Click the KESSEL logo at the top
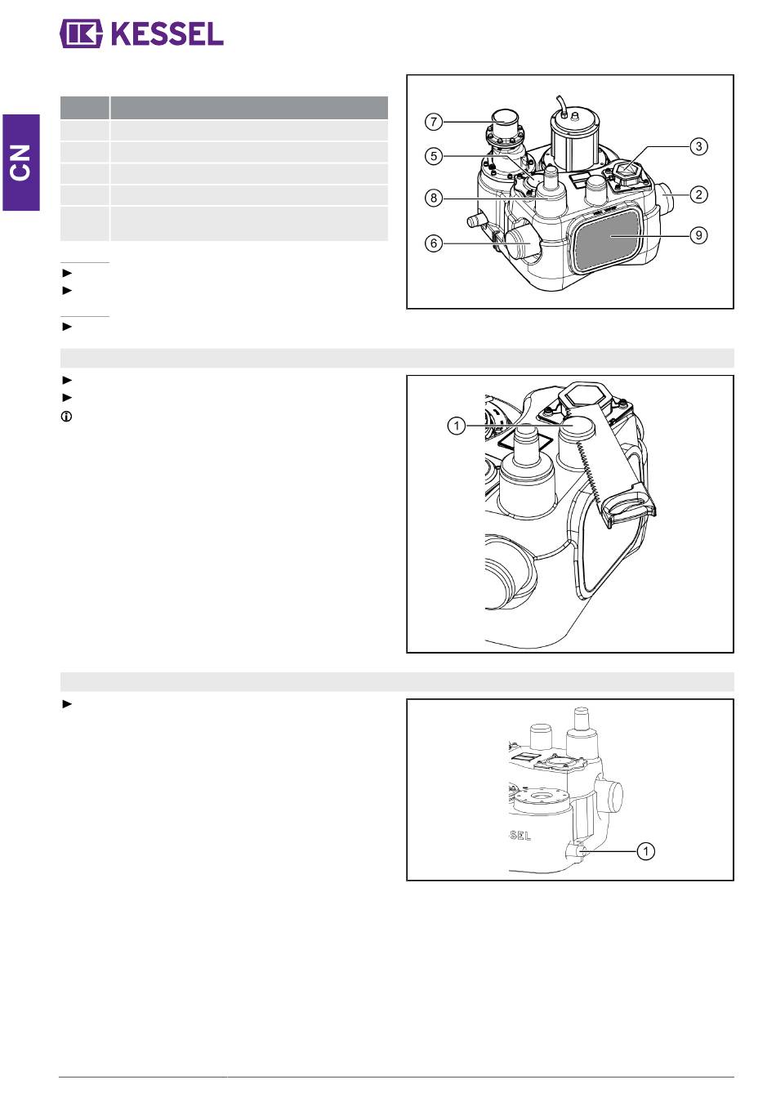(x=141, y=33)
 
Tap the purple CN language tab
(x=20, y=163)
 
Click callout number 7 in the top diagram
(x=434, y=122)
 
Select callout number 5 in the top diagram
(x=434, y=156)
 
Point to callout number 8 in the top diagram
(x=434, y=198)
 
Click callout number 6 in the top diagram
(x=434, y=243)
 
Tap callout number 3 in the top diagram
(x=698, y=146)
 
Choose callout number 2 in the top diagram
(x=698, y=194)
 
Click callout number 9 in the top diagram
(x=698, y=235)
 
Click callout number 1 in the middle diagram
(x=456, y=426)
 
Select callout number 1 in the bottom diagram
(x=645, y=851)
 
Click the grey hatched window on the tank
(x=605, y=239)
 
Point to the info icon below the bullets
(x=66, y=417)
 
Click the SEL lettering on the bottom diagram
(x=520, y=835)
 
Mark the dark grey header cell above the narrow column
(x=85, y=108)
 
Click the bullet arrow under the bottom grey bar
(x=67, y=704)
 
